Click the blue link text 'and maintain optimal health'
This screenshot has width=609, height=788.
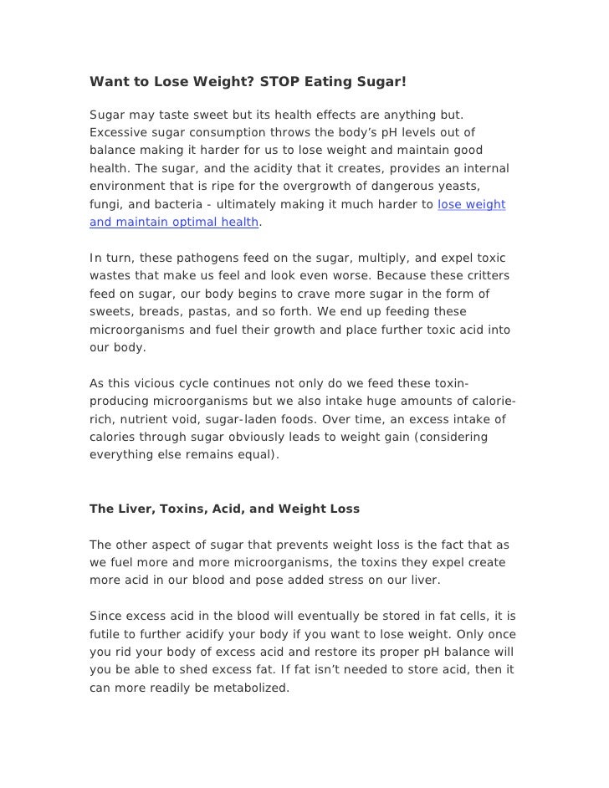click(174, 223)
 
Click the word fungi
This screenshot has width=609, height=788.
click(106, 204)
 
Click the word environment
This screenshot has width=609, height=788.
click(129, 186)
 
